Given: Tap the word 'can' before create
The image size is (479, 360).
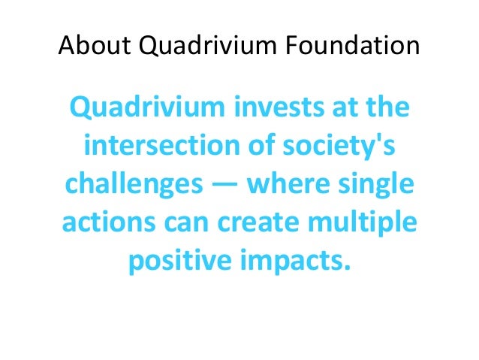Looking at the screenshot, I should pos(190,225).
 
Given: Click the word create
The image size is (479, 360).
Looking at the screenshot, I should pos(263,223).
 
